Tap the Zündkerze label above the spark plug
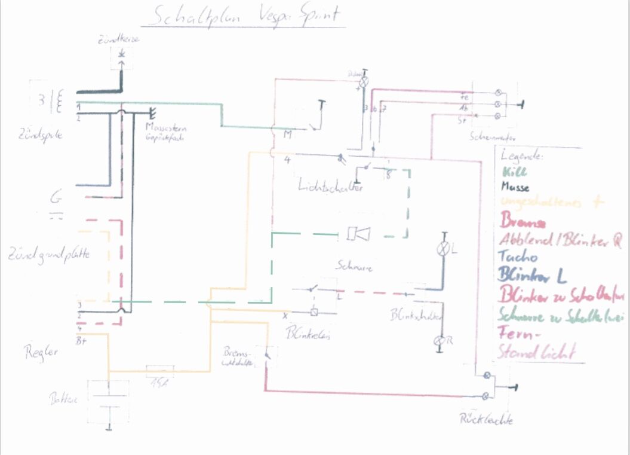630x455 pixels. pos(121,41)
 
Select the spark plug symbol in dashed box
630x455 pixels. pos(122,56)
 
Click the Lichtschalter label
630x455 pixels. pos(331,187)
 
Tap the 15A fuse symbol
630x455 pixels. pos(160,371)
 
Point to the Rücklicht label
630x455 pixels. pos(486,419)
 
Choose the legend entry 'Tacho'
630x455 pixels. pos(520,258)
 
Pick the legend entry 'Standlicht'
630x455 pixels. pos(537,352)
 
